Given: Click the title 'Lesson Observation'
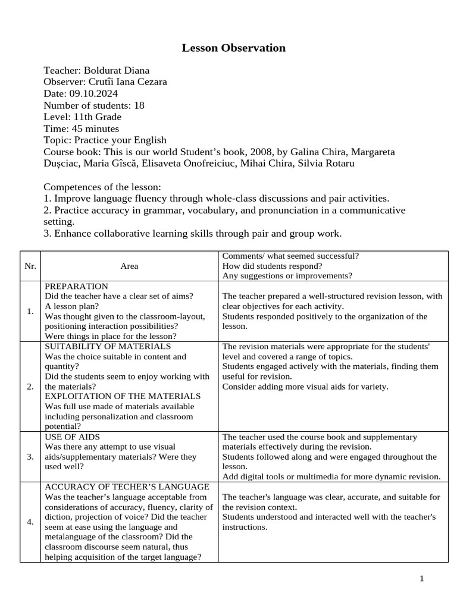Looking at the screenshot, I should click(x=233, y=48).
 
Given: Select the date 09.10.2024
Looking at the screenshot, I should click(x=93, y=93).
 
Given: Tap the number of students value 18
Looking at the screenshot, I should click(x=139, y=105).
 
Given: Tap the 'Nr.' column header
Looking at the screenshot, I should click(x=30, y=266).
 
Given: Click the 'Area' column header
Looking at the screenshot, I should click(x=129, y=266).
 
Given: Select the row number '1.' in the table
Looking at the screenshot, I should click(x=30, y=311).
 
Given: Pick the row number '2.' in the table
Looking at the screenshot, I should click(x=30, y=387).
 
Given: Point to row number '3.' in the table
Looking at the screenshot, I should click(x=30, y=457).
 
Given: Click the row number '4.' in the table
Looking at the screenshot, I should click(x=30, y=522).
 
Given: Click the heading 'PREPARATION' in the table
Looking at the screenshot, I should click(x=77, y=286).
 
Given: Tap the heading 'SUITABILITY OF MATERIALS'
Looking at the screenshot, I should click(x=108, y=346).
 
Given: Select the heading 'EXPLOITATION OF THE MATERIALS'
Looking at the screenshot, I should click(x=123, y=396).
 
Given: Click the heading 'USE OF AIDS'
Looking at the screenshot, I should click(x=73, y=437).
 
